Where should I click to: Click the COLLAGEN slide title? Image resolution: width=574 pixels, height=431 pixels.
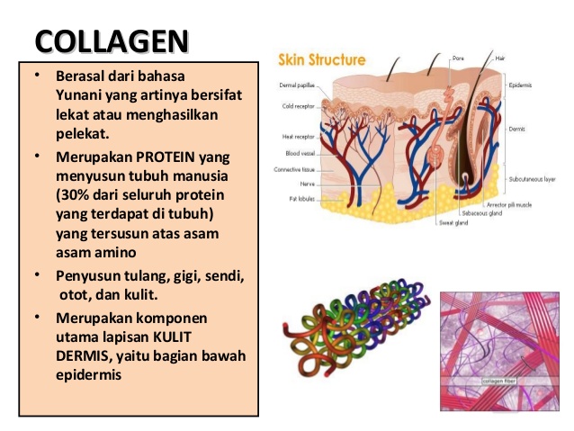(x=112, y=41)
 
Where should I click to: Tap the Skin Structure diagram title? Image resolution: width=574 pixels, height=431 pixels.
(x=322, y=60)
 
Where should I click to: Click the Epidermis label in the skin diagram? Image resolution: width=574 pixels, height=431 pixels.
(x=521, y=85)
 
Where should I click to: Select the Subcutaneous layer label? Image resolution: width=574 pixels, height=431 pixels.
(x=532, y=179)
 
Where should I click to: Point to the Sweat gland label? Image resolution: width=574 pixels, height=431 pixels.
(x=451, y=221)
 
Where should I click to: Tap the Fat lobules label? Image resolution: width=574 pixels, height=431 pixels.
(x=300, y=198)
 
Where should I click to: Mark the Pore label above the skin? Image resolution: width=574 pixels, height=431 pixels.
(x=458, y=57)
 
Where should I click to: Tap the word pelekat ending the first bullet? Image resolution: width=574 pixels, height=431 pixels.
(x=81, y=134)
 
